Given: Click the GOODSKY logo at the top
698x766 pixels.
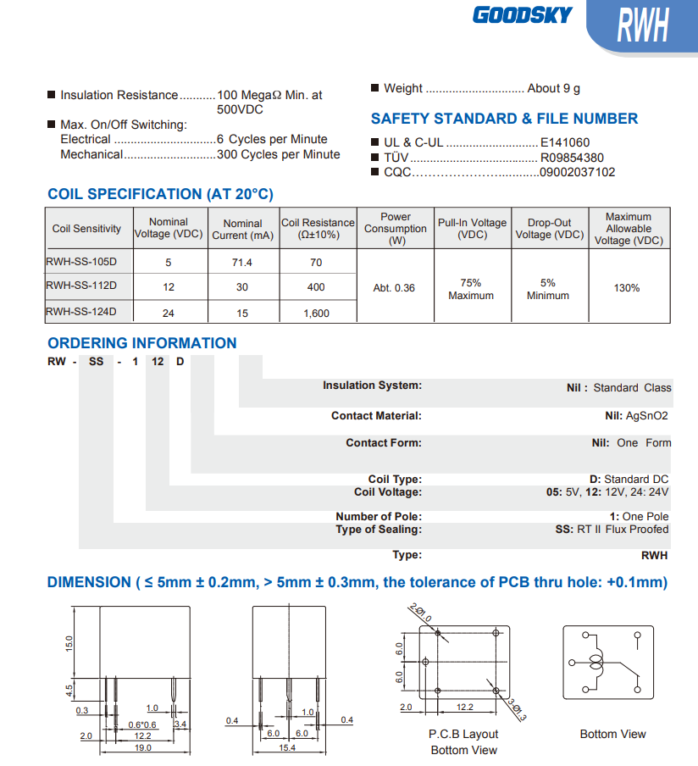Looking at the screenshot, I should (522, 15).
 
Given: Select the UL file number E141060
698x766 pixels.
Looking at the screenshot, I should (565, 143).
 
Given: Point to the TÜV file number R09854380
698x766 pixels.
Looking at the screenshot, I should (572, 158).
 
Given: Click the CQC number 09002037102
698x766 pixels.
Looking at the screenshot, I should (578, 172).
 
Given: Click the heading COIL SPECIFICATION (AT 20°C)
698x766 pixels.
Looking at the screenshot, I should (160, 194).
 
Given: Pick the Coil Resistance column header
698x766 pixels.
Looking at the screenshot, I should (318, 229).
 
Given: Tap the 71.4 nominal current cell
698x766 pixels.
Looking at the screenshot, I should (242, 263).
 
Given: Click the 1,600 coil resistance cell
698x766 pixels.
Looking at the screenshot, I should (316, 313).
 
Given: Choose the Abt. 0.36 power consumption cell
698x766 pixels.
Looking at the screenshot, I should (394, 288).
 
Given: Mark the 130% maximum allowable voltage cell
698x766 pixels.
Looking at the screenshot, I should (627, 288).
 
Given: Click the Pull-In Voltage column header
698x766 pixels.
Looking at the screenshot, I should (472, 229).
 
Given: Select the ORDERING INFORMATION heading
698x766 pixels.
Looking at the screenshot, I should (142, 343).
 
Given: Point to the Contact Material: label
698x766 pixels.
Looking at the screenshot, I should (376, 416).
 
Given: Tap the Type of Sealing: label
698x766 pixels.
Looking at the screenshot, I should (378, 530).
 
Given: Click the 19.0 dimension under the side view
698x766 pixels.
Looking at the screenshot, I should (143, 747).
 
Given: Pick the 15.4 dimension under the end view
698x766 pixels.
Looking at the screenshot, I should (288, 747).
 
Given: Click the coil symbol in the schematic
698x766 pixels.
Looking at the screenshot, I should (598, 663).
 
